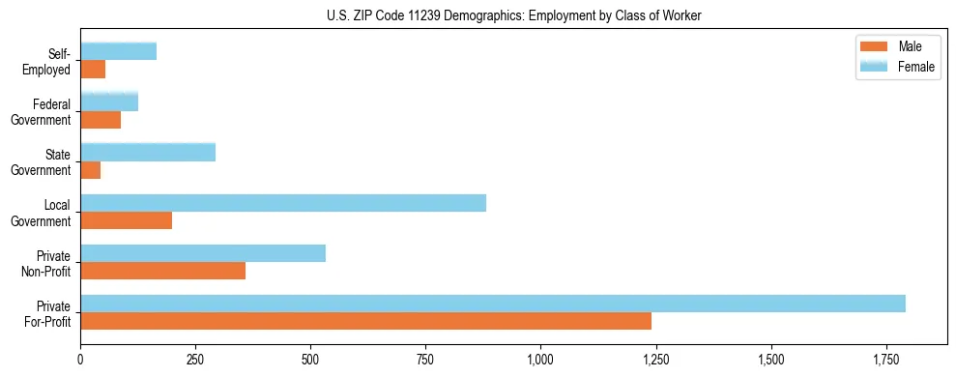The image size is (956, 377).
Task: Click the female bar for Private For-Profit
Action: [x=493, y=304]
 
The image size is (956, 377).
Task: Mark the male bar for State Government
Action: [x=91, y=170]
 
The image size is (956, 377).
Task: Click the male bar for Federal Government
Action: [x=101, y=120]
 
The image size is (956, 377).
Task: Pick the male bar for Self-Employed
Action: [x=93, y=70]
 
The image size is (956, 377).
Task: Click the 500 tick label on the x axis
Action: [x=310, y=360]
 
